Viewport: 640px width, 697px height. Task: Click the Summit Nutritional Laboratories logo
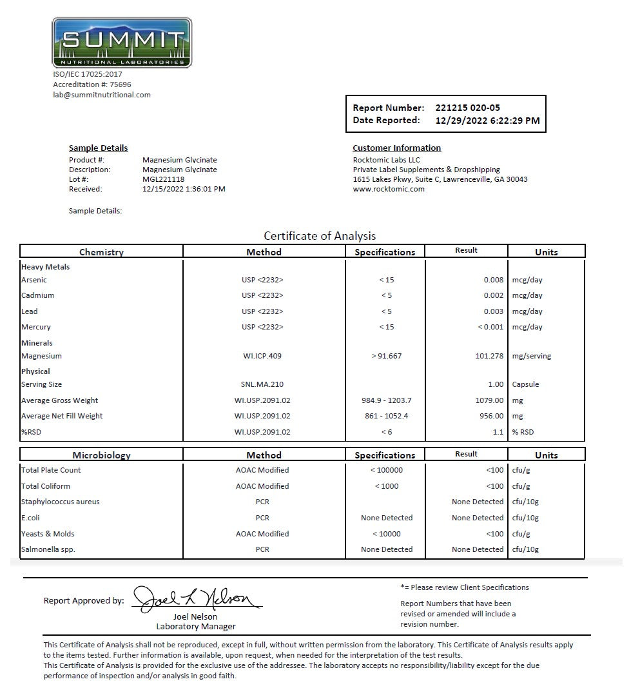(122, 43)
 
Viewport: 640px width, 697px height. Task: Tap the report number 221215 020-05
(467, 108)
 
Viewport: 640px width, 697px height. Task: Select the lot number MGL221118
(163, 179)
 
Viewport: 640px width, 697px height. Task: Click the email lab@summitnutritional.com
(102, 95)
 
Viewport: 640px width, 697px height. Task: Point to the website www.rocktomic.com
(389, 189)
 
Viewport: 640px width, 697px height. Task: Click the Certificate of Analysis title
(320, 236)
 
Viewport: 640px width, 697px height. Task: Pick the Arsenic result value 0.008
(494, 280)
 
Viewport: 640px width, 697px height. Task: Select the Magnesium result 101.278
(489, 356)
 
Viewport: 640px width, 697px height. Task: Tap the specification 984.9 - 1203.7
(387, 400)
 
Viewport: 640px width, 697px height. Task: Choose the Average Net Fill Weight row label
(62, 416)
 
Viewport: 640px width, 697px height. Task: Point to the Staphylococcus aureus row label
(61, 502)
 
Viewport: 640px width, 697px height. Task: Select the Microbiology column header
(101, 455)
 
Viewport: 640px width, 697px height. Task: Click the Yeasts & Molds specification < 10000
(387, 534)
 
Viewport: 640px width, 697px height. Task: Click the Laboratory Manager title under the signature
(196, 627)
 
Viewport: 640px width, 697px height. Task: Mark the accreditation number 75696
(121, 84)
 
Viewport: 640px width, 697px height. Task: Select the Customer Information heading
(396, 148)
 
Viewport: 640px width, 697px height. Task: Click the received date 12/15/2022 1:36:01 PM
(184, 189)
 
